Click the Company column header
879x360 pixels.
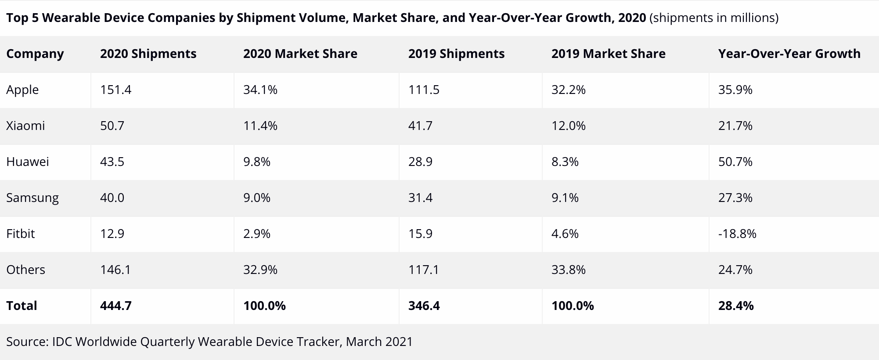click(x=35, y=54)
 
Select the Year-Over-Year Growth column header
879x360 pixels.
click(x=789, y=54)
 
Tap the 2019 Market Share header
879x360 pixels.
click(x=608, y=54)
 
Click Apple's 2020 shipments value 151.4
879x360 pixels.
click(x=115, y=90)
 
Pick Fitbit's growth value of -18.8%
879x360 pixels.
click(x=737, y=234)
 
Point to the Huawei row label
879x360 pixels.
click(x=28, y=162)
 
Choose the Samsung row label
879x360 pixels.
click(x=32, y=198)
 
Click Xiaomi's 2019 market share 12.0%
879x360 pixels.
click(x=568, y=126)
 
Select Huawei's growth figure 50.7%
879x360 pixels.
click(x=735, y=162)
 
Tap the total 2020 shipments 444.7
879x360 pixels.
click(x=115, y=306)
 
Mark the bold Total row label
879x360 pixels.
click(x=22, y=306)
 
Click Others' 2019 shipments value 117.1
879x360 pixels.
click(x=424, y=270)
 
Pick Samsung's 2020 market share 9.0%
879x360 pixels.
click(x=256, y=198)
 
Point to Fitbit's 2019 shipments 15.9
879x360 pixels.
click(x=420, y=234)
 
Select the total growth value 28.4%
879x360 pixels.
click(x=736, y=306)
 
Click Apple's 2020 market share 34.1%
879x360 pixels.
click(x=260, y=90)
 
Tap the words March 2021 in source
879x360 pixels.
click(x=379, y=342)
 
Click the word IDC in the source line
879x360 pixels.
click(x=62, y=342)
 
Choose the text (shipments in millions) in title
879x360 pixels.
click(x=713, y=18)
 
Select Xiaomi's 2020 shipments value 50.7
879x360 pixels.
click(x=112, y=126)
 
